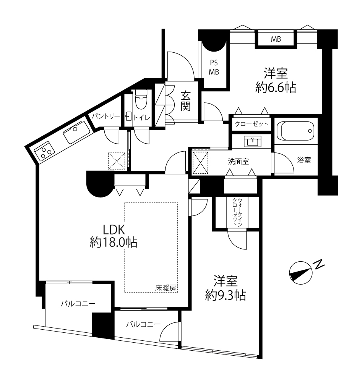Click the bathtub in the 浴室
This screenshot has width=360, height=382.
click(x=296, y=131)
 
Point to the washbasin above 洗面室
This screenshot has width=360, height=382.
click(x=253, y=141)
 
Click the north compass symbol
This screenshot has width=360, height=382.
click(x=301, y=273)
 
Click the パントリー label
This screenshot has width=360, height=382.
click(x=106, y=117)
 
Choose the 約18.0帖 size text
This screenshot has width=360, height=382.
click(x=114, y=243)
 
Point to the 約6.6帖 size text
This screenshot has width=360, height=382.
click(x=276, y=87)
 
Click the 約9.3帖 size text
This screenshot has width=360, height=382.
click(x=225, y=295)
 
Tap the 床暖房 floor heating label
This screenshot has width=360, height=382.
click(x=166, y=288)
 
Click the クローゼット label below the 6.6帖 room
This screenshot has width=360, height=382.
click(x=251, y=124)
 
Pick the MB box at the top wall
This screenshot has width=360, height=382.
click(x=276, y=39)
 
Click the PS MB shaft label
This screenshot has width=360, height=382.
click(x=214, y=68)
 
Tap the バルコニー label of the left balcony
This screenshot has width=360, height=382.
click(x=78, y=304)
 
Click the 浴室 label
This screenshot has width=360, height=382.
click(x=304, y=160)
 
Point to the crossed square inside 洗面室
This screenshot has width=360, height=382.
click(x=200, y=162)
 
